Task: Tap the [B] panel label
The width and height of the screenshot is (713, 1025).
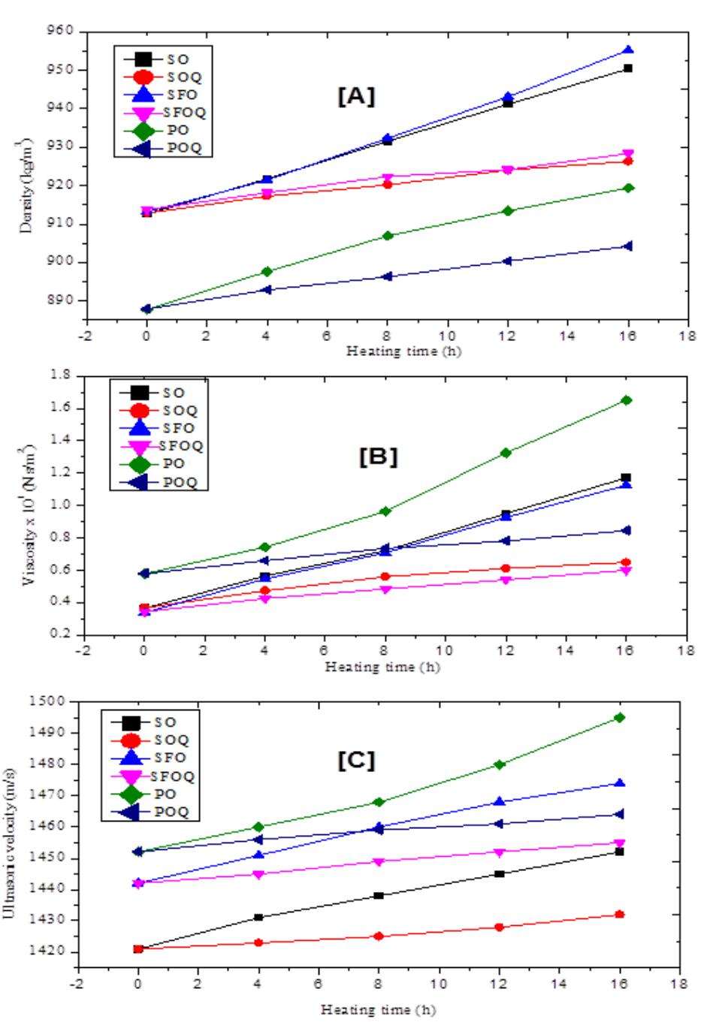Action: point(379,457)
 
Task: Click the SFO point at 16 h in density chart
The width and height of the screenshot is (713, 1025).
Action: point(628,50)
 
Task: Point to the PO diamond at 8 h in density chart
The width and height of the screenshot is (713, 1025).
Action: point(388,236)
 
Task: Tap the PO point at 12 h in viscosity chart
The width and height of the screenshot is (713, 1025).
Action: point(506,453)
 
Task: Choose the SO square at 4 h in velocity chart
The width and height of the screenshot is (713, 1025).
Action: point(258,918)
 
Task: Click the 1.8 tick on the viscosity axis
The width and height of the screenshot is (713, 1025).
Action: point(63,375)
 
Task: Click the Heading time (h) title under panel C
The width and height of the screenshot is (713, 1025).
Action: point(378,1010)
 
